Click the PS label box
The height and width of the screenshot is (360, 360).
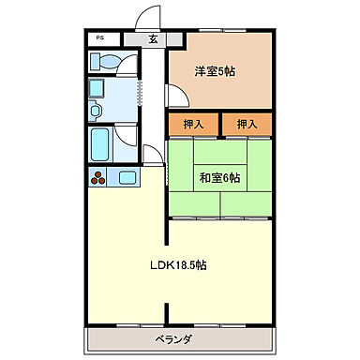coord(100,38)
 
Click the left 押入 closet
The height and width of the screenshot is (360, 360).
coord(193,124)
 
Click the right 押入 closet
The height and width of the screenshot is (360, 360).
coord(247,124)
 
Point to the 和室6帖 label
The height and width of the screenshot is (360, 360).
coord(220,176)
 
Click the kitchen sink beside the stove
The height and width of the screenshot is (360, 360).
coord(126,175)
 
